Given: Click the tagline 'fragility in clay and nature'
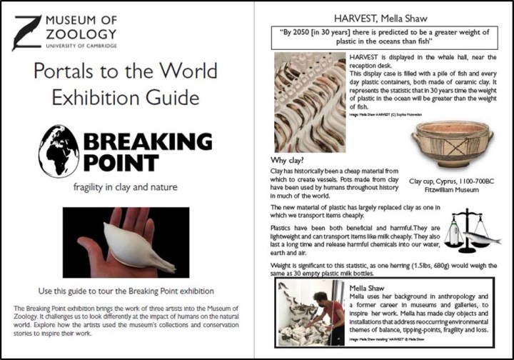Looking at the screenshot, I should tap(126, 188).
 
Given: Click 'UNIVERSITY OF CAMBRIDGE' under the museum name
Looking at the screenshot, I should tap(80, 45).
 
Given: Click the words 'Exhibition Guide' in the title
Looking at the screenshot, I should tap(126, 96).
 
